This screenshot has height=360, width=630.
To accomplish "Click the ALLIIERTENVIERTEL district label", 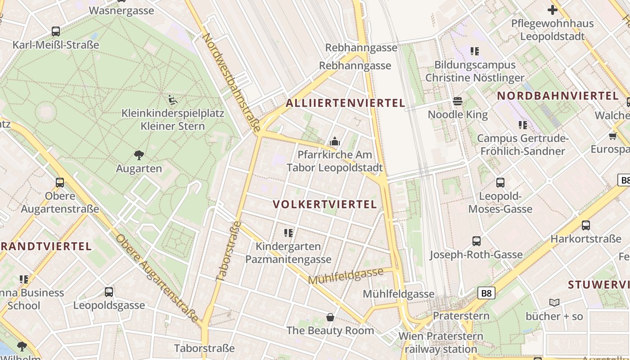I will pos(346,103).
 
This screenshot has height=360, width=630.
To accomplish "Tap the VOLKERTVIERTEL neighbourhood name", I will pos(324,204).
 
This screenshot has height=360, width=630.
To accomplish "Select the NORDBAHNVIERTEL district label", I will pos(558,95).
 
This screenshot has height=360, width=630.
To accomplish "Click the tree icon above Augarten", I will pos(139,155).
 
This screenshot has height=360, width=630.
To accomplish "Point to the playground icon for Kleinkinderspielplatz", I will pos(172,99).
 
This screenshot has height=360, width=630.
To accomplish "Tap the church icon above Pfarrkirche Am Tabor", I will pos(334,142).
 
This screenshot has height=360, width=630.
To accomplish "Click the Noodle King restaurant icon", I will pos(458,101).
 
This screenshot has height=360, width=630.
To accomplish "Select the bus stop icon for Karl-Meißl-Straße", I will pos(56,31).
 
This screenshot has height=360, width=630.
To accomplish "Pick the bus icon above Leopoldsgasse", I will pos(109,292).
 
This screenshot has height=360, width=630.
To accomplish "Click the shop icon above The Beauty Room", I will pos(330,317).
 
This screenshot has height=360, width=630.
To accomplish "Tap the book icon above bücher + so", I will pos(554,303).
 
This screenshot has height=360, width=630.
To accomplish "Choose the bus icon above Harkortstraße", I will pos(585,225).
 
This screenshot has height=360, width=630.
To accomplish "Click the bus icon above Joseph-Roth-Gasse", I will pos(476,241).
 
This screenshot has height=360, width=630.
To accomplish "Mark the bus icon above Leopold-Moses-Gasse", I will pos(500,183).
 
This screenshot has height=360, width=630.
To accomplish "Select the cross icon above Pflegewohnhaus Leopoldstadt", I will pos(552,9).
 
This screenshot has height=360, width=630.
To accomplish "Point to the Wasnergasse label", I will pos(121,11).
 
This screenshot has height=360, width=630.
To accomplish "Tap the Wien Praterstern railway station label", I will pos(441,342).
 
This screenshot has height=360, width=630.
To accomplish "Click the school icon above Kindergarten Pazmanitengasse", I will pos(288,233).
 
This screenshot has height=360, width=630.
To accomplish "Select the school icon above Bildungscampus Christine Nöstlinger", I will pos(474,51).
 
